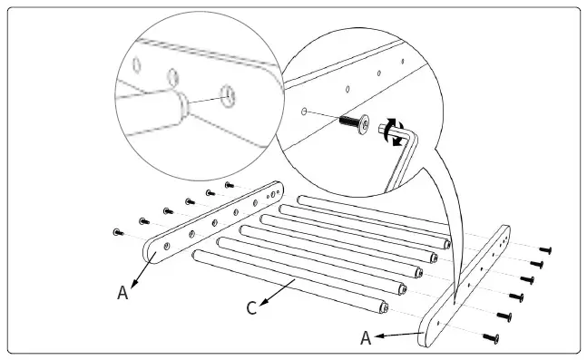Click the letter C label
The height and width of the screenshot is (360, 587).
tap(252, 308)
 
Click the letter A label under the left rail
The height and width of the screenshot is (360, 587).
tap(122, 293)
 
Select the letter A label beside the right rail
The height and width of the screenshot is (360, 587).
tap(366, 338)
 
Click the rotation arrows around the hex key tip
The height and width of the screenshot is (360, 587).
tap(394, 131)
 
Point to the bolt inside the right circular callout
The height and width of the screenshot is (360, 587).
tap(355, 123)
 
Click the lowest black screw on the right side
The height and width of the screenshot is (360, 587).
tap(491, 338)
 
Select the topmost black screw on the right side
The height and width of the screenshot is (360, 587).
tap(545, 249)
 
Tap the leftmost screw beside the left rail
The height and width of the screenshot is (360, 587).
tap(118, 232)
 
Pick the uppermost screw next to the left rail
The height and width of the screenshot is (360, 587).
tap(230, 184)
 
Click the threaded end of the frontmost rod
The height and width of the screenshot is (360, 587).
tap(384, 308)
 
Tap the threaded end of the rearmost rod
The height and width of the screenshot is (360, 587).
tap(447, 244)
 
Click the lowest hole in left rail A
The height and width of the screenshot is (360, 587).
tap(167, 247)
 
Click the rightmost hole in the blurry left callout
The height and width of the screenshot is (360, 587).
tap(228, 96)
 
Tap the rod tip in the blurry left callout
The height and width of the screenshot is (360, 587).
tap(182, 105)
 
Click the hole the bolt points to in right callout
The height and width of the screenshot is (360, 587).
tap(304, 112)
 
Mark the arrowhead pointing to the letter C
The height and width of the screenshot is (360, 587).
tap(263, 302)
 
